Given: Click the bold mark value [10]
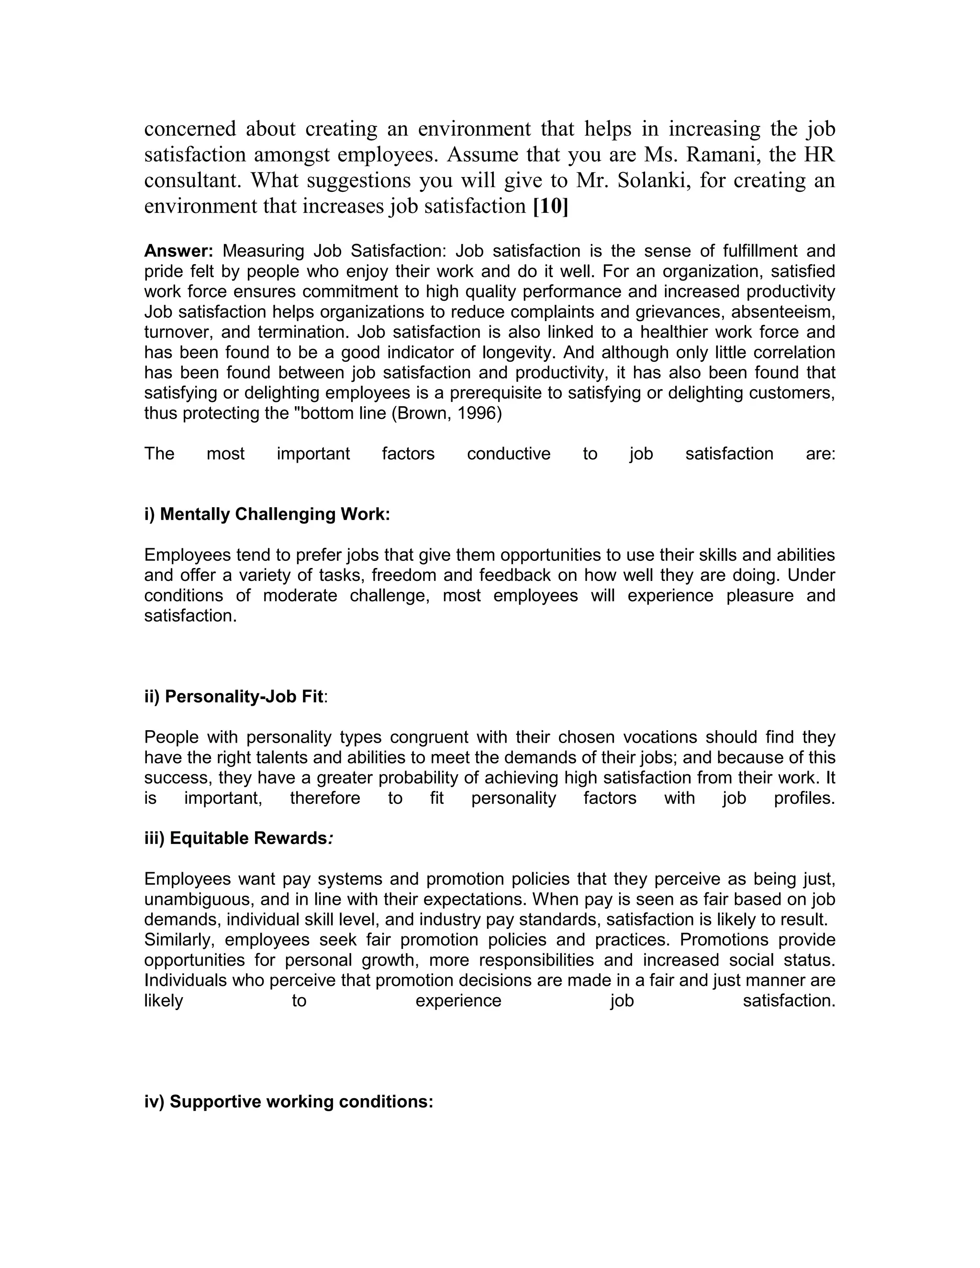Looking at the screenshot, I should (550, 206).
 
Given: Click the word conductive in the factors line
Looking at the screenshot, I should (509, 454).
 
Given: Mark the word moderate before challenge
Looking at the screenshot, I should (300, 596).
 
